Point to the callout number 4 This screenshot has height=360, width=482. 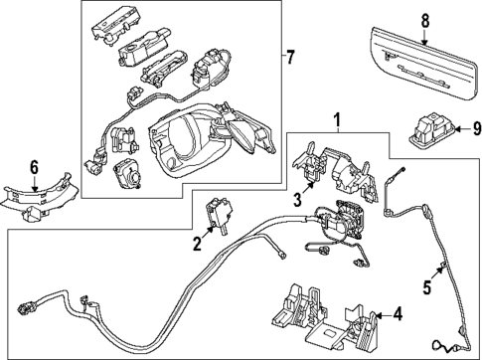397,314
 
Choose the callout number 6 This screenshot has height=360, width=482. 33,168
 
